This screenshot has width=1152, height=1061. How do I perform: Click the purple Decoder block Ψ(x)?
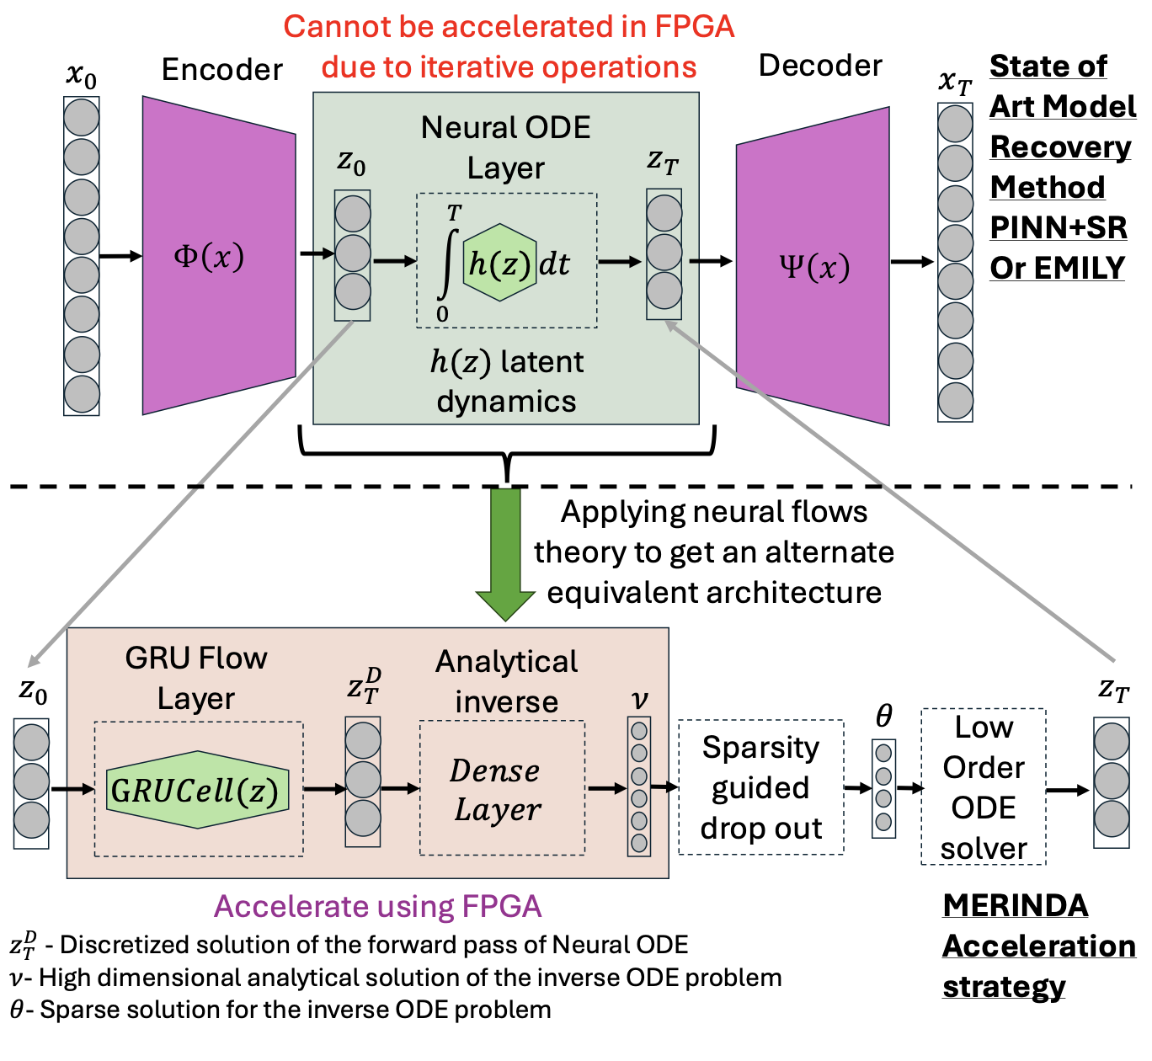click(x=813, y=266)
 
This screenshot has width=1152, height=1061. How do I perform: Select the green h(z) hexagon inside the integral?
click(x=499, y=263)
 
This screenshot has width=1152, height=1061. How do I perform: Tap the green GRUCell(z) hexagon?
click(x=198, y=790)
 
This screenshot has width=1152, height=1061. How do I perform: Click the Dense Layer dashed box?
click(x=502, y=788)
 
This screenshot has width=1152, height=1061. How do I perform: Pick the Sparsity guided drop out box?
click(x=760, y=787)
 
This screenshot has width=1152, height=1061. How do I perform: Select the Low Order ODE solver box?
click(x=984, y=787)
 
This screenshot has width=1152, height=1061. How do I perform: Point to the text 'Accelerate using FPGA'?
click(x=377, y=906)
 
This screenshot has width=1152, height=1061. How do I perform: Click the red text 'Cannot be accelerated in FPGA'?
click(x=509, y=27)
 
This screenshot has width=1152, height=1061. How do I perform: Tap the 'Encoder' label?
click(x=221, y=69)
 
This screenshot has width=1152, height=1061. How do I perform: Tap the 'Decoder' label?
click(x=819, y=66)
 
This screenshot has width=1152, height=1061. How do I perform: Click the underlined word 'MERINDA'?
click(x=1015, y=905)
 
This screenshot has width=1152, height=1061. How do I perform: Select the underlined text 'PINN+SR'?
click(x=1058, y=227)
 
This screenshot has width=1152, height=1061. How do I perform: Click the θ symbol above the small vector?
click(x=883, y=716)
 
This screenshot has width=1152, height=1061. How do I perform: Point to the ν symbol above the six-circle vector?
click(x=639, y=699)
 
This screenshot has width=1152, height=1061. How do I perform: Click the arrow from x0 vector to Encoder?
click(x=120, y=256)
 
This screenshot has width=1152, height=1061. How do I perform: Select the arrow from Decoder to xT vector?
click(x=913, y=262)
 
